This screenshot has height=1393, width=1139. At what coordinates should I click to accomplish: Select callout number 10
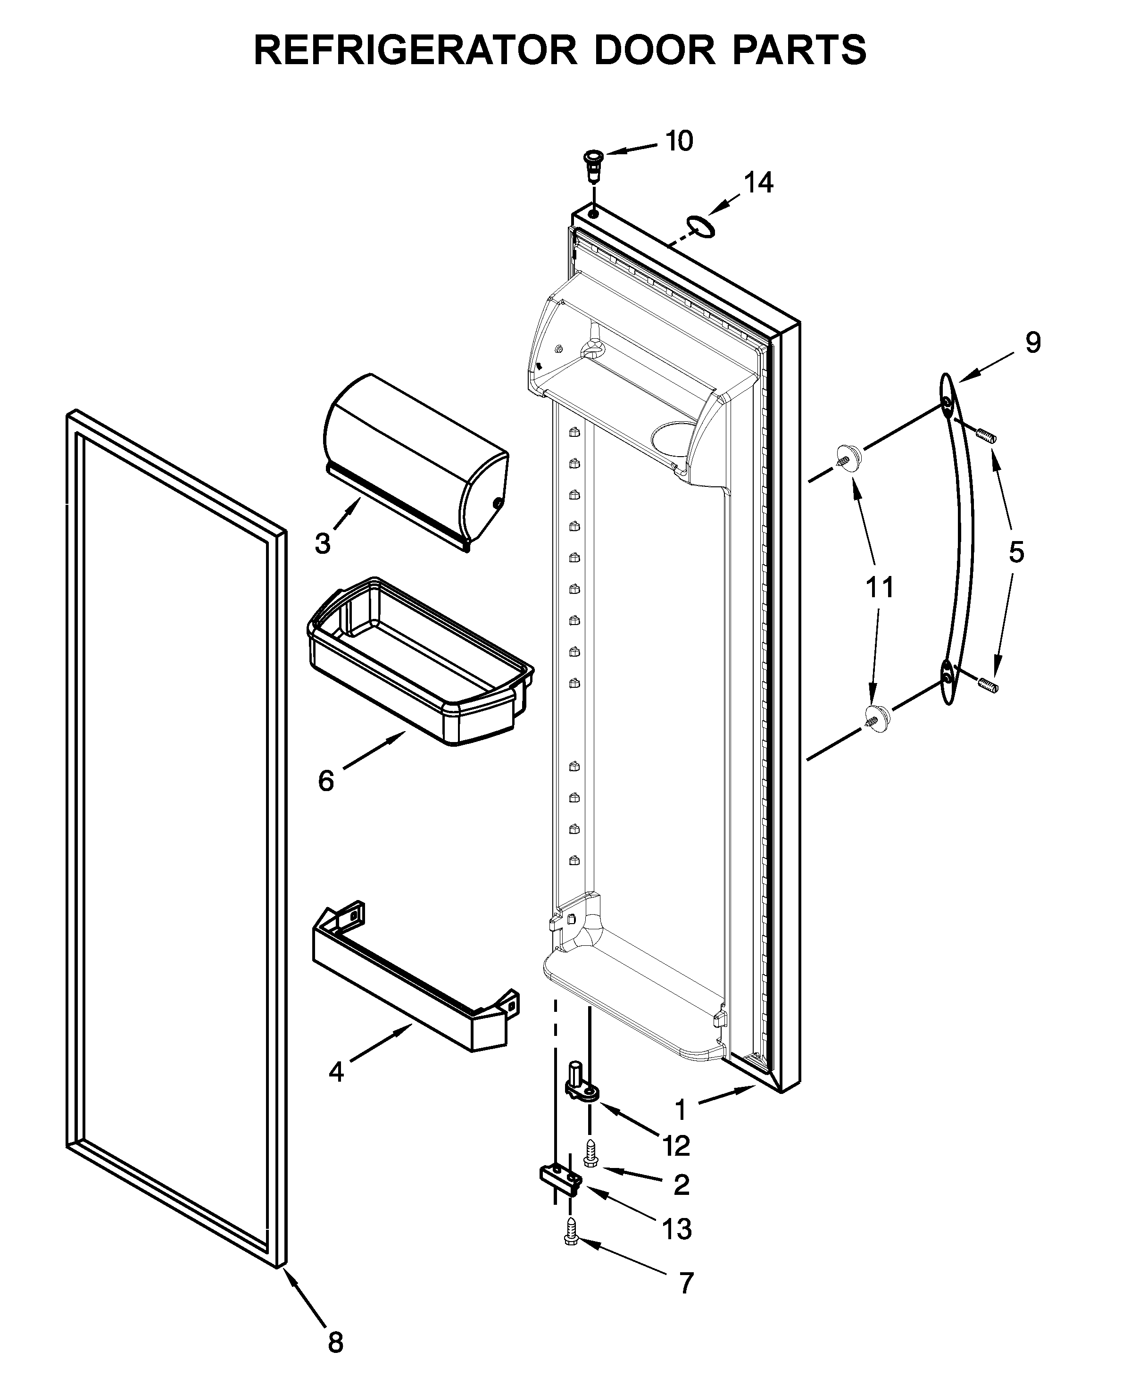coord(679,141)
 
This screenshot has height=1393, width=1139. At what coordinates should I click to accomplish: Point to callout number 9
coord(1033,342)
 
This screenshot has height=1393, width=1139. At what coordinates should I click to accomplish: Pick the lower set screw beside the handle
coord(988,685)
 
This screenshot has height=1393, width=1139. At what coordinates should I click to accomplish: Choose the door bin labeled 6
coord(420,663)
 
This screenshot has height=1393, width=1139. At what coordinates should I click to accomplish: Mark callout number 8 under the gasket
coord(335,1342)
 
